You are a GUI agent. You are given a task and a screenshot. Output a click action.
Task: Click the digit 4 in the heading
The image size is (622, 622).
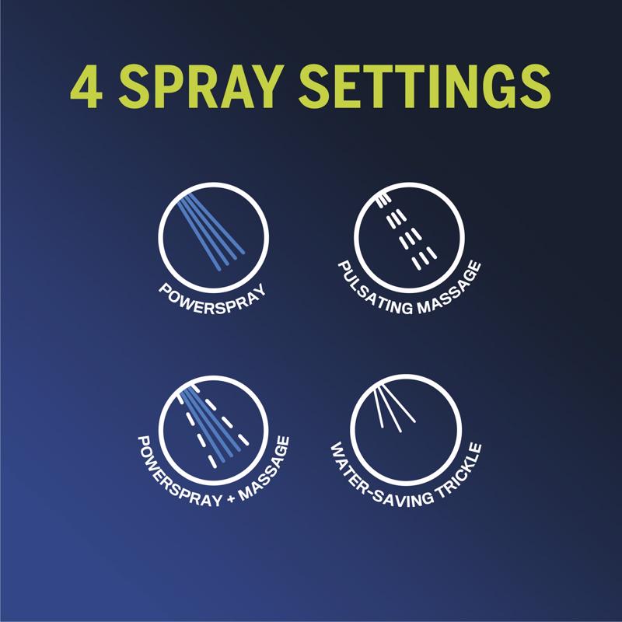pos(86,86)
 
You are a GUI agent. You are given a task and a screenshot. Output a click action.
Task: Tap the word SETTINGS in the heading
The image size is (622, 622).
pos(425,86)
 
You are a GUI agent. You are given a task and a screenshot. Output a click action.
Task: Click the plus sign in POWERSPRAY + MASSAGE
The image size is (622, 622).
pos(232,498)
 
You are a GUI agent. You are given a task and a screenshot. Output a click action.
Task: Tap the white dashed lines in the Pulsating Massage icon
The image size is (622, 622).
pos(407,232)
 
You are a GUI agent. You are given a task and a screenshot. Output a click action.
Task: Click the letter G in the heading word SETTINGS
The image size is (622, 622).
pos(493,86)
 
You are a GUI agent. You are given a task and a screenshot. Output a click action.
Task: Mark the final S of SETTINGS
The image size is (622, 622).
pos(533,86)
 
